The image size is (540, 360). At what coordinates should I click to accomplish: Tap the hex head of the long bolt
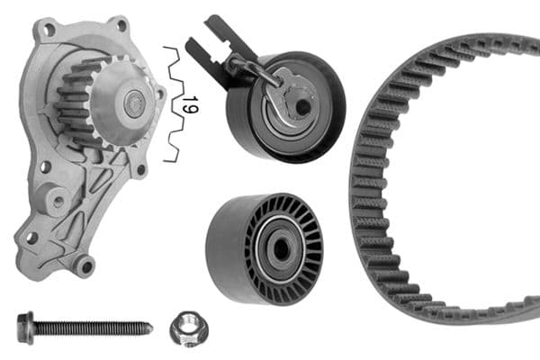click(x=23, y=328)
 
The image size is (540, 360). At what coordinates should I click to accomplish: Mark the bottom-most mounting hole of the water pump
click(x=85, y=265)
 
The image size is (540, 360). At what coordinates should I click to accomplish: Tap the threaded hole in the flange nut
click(x=189, y=327)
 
